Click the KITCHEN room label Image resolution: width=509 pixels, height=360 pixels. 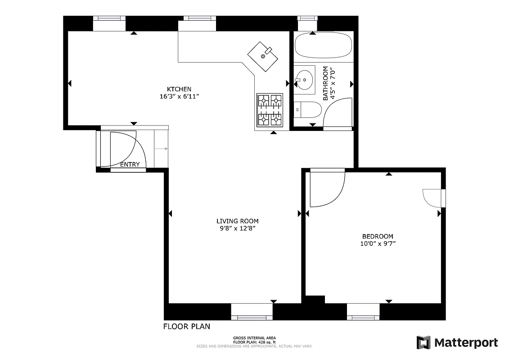tap(179, 89)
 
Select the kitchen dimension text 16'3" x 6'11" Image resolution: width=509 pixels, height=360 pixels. tap(179, 96)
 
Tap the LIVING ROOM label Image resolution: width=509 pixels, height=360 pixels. tap(237, 221)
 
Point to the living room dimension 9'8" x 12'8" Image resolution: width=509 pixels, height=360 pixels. tap(237, 228)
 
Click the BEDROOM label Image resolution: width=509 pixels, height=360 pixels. tap(378, 236)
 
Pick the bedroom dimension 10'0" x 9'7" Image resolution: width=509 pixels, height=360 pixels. tap(378, 243)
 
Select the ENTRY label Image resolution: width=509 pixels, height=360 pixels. tap(130, 165)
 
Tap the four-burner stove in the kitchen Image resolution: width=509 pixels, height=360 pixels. tap(270, 109)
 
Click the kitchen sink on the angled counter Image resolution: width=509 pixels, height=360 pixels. tap(263, 56)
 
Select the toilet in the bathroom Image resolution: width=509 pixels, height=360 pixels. tap(308, 109)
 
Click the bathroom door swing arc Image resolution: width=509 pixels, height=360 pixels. tap(335, 112)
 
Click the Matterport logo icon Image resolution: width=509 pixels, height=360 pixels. tap(423, 342)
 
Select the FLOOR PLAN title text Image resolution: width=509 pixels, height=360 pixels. tap(186, 326)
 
